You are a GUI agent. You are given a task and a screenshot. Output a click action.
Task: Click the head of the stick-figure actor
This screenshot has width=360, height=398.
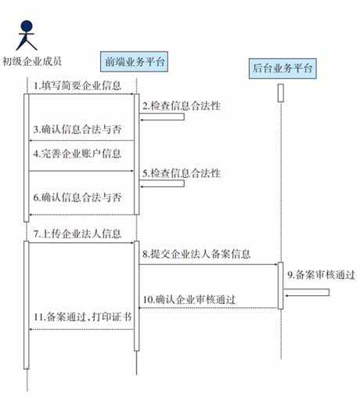pyautogui.click(x=27, y=27)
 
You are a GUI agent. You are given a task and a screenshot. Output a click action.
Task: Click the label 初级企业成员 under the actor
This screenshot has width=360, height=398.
pyautogui.click(x=32, y=62)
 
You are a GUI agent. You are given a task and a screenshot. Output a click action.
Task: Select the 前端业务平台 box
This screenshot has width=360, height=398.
pyautogui.click(x=134, y=62)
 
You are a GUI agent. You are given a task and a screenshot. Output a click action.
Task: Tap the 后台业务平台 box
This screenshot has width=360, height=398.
pyautogui.click(x=283, y=68)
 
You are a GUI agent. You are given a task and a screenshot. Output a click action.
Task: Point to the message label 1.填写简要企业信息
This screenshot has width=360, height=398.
pyautogui.click(x=77, y=85)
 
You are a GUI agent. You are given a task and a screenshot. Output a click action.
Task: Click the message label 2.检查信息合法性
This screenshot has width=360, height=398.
pyautogui.click(x=182, y=106)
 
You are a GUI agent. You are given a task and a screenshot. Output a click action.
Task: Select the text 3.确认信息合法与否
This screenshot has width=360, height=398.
pyautogui.click(x=77, y=129)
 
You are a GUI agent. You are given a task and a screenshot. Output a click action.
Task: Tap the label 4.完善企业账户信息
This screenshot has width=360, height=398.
pyautogui.click(x=77, y=154)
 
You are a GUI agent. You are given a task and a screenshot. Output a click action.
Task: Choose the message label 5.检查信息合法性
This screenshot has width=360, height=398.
pyautogui.click(x=182, y=173)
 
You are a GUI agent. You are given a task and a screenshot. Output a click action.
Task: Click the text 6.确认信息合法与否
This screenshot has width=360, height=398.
pyautogui.click(x=77, y=197)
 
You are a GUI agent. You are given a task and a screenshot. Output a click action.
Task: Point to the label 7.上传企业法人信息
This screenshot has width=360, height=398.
pyautogui.click(x=77, y=233)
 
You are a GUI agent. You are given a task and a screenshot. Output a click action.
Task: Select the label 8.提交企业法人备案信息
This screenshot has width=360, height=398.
pyautogui.click(x=196, y=254)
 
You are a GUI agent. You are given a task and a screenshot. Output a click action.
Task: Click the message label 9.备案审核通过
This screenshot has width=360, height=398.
pyautogui.click(x=322, y=275)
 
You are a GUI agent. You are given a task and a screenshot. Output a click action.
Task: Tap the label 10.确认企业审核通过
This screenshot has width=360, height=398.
pyautogui.click(x=189, y=299)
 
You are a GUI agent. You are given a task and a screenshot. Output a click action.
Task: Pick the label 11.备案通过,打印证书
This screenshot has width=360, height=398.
pyautogui.click(x=83, y=317)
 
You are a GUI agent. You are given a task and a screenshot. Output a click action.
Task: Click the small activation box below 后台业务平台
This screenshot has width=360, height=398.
pyautogui.click(x=281, y=93)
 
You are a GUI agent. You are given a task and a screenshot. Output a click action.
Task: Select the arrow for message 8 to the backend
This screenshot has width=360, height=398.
pyautogui.click(x=208, y=264)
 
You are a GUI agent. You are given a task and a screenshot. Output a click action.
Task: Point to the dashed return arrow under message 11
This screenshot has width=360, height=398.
pyautogui.click(x=81, y=329)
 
